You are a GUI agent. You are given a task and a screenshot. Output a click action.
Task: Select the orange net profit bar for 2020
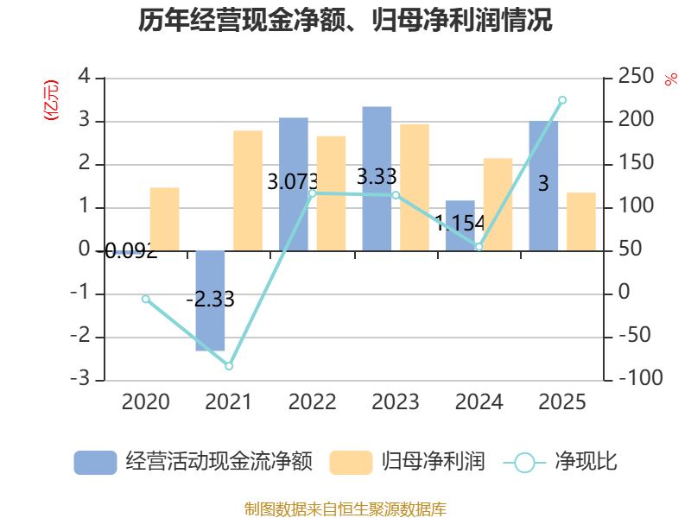[x=164, y=218]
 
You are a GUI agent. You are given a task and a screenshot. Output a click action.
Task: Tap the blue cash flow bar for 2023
[x=377, y=178]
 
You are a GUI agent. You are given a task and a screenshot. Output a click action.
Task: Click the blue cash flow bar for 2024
[x=460, y=225]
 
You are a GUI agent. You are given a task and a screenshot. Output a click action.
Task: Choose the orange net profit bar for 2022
[x=331, y=193]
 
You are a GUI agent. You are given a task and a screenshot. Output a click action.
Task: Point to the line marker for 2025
[x=562, y=100]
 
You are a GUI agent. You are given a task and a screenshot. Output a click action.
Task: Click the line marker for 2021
[x=229, y=366]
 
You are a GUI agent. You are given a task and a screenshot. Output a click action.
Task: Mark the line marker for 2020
[x=146, y=299]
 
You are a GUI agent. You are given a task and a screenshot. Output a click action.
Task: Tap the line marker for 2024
[x=479, y=247]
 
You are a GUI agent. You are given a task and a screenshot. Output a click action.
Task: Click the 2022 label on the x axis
[x=312, y=402]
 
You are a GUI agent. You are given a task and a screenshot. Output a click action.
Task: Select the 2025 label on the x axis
[x=561, y=402]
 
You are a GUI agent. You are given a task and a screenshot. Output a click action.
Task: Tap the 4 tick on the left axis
[x=85, y=78]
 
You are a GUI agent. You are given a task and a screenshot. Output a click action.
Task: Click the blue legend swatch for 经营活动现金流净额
[x=95, y=462]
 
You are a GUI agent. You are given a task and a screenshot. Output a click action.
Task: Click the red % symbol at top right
[x=670, y=79]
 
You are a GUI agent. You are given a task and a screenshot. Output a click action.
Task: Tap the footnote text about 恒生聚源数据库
[x=345, y=509]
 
